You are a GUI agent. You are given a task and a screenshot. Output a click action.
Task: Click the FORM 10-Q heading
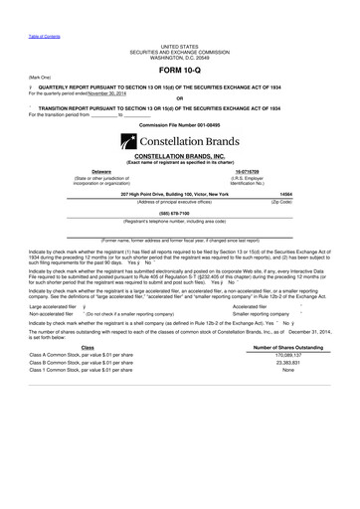tap(180, 72)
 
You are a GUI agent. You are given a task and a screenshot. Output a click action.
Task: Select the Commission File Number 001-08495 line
tap(180, 125)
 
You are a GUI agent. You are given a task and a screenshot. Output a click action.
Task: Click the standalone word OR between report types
tap(179, 102)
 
